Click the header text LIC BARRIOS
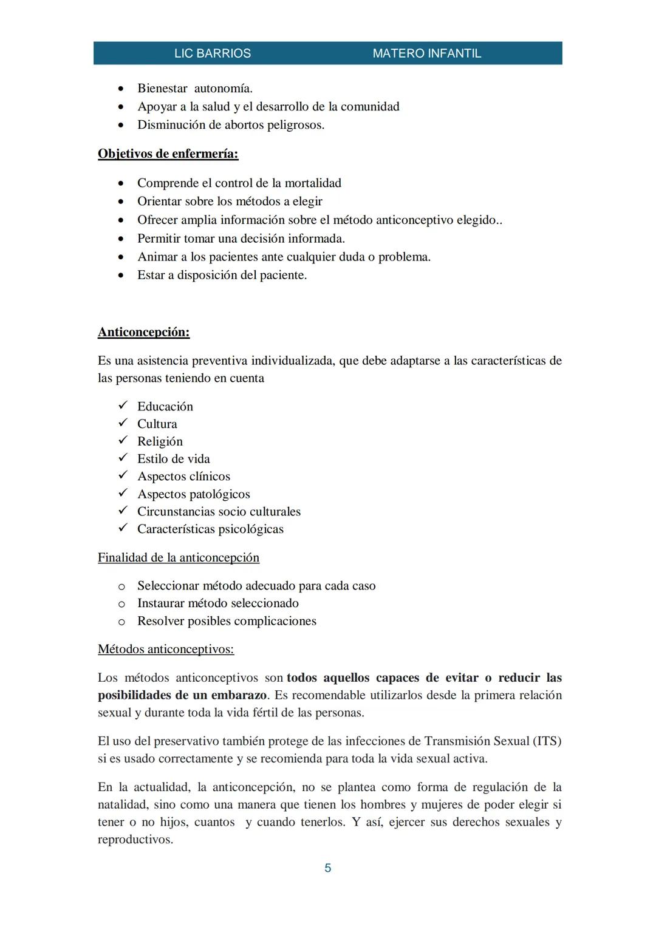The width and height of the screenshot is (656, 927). pos(212,53)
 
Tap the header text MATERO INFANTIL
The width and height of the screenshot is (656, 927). pos(426,53)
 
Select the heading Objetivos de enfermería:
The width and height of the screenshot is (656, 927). pos(168,154)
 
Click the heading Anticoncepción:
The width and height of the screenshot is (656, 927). pos(143,332)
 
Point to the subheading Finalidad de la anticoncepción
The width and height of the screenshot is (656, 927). pos(178,557)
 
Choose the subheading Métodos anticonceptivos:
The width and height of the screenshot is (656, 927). pos(165,649)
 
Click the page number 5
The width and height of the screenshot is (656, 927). pos(328,868)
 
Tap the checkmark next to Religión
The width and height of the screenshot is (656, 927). pos(122,441)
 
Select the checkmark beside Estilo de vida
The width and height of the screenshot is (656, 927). pos(122,458)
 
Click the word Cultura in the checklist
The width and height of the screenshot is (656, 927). pos(157,424)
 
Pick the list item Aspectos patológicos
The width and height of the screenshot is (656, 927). pos(193,494)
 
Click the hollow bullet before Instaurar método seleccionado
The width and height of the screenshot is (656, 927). pos(121,604)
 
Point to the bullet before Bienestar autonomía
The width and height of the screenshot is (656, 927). pos(121,89)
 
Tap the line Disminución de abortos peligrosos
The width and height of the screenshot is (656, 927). pos(230,125)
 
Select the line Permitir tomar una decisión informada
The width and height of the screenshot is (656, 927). pos(241,239)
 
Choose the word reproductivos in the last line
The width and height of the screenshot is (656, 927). pos(135,840)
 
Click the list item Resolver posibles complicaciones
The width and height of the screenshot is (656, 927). pos(226,621)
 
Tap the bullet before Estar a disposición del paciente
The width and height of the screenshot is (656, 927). pos(121,276)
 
